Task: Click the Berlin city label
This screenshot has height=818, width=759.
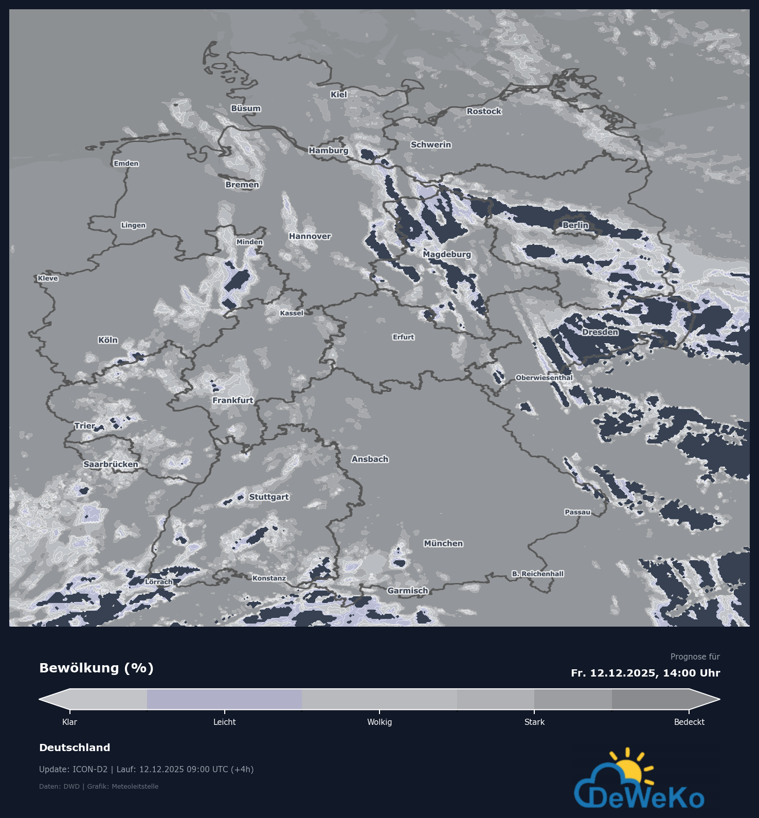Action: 575,225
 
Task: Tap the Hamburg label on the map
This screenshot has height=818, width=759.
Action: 329,151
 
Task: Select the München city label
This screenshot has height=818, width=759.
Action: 443,543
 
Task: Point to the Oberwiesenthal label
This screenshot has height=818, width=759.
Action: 544,378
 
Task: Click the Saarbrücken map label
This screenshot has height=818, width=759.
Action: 111,465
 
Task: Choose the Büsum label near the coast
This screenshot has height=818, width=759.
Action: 246,109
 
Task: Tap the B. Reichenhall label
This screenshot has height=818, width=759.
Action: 538,574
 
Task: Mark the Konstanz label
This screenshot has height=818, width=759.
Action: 269,578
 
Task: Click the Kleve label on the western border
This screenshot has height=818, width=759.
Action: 48,278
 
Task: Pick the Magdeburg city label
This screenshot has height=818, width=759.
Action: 447,254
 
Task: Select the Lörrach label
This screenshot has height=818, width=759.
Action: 159,582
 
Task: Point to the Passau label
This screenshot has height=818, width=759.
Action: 577,512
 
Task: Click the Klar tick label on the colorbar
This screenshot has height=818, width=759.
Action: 69,722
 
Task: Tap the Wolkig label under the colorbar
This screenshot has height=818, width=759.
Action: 380,722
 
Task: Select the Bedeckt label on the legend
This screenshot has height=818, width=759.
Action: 689,722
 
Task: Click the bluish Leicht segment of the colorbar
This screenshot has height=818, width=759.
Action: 224,699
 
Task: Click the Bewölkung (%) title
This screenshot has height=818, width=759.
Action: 97,668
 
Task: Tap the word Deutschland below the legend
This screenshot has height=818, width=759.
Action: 75,748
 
